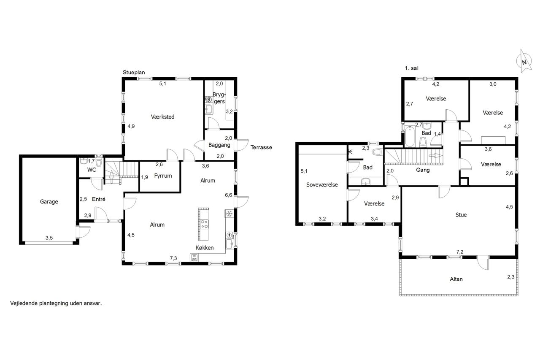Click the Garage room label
pyautogui.click(x=49, y=202)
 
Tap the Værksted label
pyautogui.click(x=162, y=117)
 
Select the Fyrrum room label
pyautogui.click(x=163, y=176)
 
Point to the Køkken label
pyautogui.click(x=205, y=248)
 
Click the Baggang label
pyautogui.click(x=219, y=145)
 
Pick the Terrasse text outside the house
pyautogui.click(x=261, y=147)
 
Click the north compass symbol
pyautogui.click(x=524, y=61)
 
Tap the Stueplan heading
pyautogui.click(x=134, y=72)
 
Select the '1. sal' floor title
pyautogui.click(x=411, y=68)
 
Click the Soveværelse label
pyautogui.click(x=322, y=185)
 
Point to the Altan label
pyautogui.click(x=456, y=279)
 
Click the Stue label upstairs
pyautogui.click(x=461, y=215)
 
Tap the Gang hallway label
pyautogui.click(x=423, y=170)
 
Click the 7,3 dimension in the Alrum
pyautogui.click(x=173, y=258)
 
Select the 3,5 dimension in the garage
pyautogui.click(x=49, y=238)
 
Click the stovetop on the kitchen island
pyautogui.click(x=205, y=224)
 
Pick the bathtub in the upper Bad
pyautogui.click(x=410, y=136)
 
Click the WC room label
pyautogui.click(x=92, y=170)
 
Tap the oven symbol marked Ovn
pyautogui.click(x=194, y=257)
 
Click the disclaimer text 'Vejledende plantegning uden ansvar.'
pyautogui.click(x=56, y=303)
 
